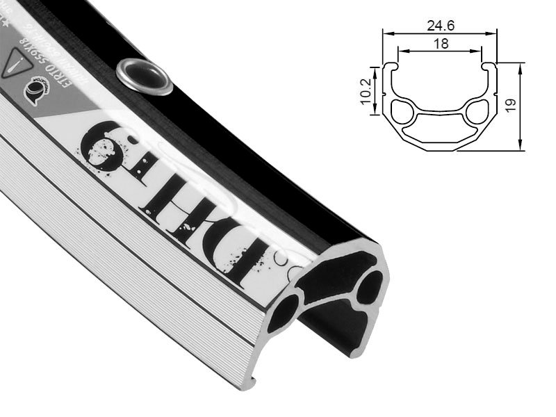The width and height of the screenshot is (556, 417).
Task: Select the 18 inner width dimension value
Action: pyautogui.click(x=439, y=43)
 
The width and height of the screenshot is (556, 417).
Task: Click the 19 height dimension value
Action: pyautogui.click(x=511, y=105)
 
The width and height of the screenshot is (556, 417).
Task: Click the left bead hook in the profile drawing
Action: pyautogui.click(x=393, y=68)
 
